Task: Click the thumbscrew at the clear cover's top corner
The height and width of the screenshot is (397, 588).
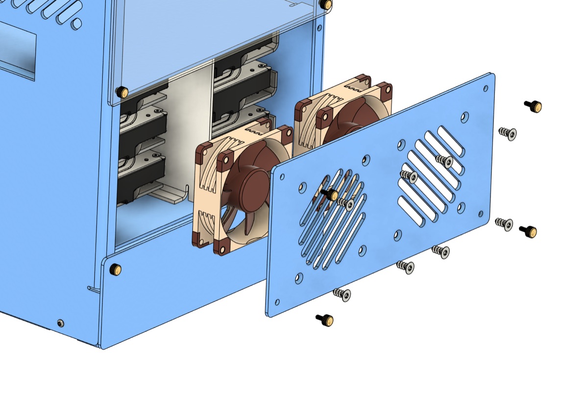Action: [324, 4]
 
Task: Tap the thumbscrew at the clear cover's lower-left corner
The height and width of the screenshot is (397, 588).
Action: [121, 92]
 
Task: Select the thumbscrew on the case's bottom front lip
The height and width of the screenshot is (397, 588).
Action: [115, 269]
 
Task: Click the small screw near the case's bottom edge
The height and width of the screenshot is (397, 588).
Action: [60, 323]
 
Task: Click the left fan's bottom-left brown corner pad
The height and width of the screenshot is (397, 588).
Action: [199, 239]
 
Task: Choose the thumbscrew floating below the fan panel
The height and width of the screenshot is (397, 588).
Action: [325, 320]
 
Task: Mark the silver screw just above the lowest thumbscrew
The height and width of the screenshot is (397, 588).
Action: [343, 294]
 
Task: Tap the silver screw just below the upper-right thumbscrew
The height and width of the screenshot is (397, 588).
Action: [508, 133]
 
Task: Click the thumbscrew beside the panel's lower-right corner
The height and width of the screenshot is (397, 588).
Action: [528, 231]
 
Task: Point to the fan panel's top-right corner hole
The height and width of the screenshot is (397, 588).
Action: [485, 89]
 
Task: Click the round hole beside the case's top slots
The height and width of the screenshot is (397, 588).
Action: [76, 24]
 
